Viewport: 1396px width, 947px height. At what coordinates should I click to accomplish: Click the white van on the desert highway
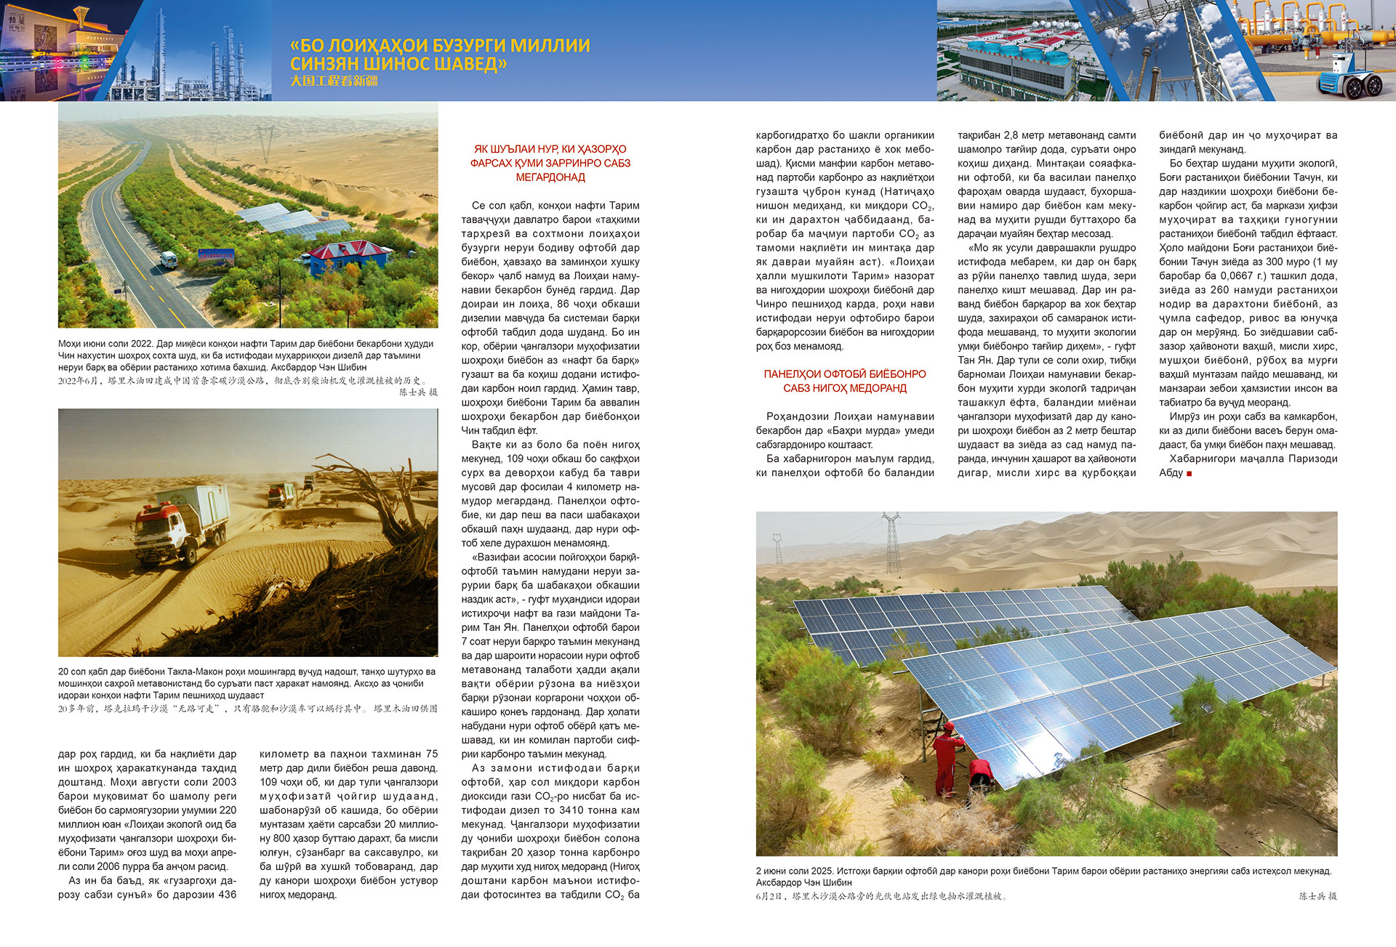168,259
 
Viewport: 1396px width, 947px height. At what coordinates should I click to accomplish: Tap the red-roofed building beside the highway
348,257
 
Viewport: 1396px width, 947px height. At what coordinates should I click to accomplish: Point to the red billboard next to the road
217,256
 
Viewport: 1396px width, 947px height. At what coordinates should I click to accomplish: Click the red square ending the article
1190,473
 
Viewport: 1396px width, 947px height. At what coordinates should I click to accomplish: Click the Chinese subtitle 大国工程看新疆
334,81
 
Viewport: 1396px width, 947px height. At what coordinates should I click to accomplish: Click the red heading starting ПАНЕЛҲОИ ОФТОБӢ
845,374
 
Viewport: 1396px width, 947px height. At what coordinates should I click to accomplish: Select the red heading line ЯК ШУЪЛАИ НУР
550,149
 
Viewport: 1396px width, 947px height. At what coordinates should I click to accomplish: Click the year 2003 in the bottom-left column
222,782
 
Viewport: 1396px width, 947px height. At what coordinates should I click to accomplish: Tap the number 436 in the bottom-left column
226,895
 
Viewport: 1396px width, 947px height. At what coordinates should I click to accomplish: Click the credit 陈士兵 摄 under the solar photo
1317,896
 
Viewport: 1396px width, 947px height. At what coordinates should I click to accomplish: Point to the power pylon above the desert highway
265,142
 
